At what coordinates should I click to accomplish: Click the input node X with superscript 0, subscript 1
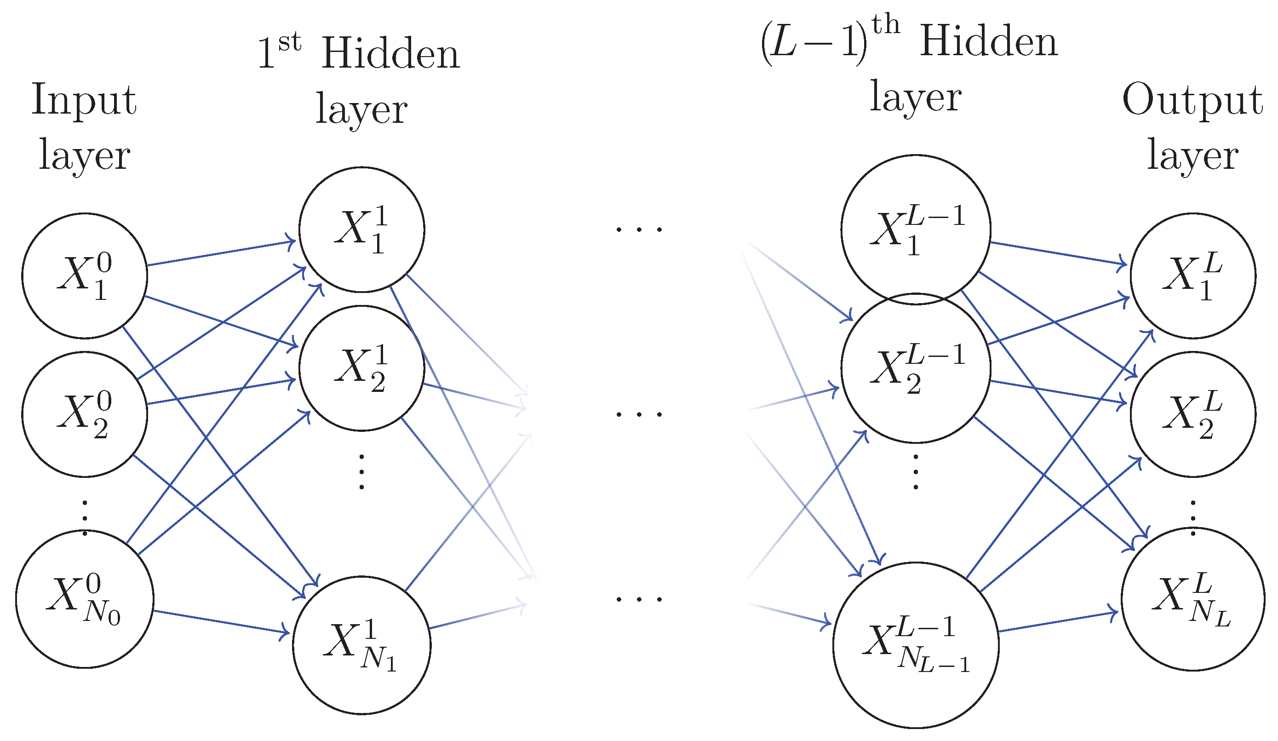85,276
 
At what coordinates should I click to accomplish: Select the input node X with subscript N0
85,599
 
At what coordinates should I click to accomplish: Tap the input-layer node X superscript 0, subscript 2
85,414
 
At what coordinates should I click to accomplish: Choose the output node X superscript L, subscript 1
1193,276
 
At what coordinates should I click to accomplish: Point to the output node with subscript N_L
1193,599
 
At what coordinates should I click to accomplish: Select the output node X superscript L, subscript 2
1193,414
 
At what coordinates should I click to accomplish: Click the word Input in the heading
84,100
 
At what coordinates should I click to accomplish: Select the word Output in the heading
1193,100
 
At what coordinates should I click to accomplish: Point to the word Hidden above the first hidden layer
390,54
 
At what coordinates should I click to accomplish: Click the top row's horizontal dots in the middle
639,230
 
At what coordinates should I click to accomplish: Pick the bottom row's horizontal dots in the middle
639,599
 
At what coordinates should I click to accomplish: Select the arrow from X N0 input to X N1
221,622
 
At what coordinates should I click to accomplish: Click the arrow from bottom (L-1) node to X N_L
1057,622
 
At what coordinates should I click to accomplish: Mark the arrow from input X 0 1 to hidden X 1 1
221,253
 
